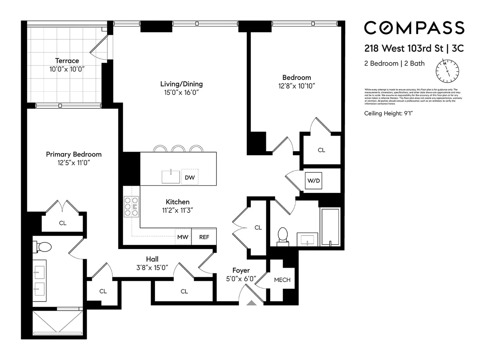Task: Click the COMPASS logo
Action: pyautogui.click(x=414, y=28)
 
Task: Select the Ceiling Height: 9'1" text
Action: pyautogui.click(x=388, y=113)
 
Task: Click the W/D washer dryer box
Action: pyautogui.click(x=313, y=181)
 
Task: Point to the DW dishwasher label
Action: pyautogui.click(x=189, y=177)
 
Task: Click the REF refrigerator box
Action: pyautogui.click(x=204, y=237)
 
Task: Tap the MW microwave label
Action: pyautogui.click(x=183, y=237)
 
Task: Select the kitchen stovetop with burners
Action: pyautogui.click(x=131, y=207)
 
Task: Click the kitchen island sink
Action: pyautogui.click(x=171, y=177)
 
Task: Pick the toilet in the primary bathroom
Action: pyautogui.click(x=43, y=247)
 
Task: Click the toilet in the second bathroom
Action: pyautogui.click(x=283, y=236)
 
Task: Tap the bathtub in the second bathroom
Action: pyautogui.click(x=330, y=227)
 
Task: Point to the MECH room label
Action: pyautogui.click(x=282, y=280)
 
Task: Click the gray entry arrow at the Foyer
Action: pyautogui.click(x=251, y=303)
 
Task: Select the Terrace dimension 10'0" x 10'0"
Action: pyautogui.click(x=67, y=69)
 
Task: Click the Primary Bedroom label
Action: pyautogui.click(x=73, y=154)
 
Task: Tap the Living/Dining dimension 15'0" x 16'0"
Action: pyautogui.click(x=181, y=93)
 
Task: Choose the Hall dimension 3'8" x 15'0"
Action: pyautogui.click(x=152, y=267)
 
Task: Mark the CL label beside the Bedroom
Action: pyautogui.click(x=321, y=150)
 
